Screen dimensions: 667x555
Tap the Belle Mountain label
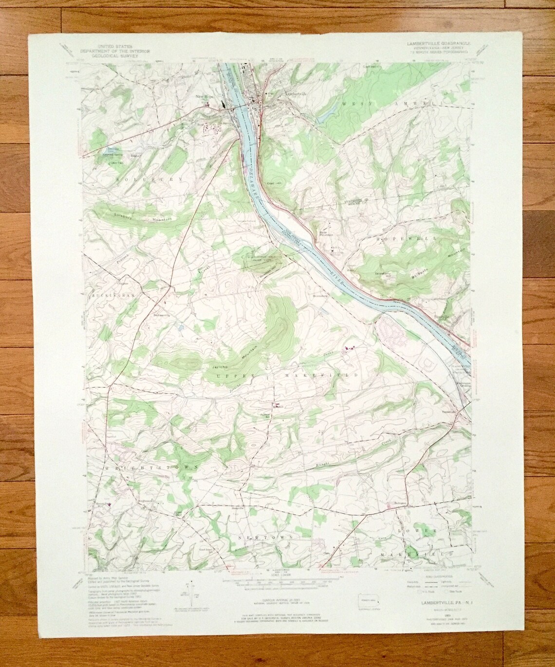(324, 234)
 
